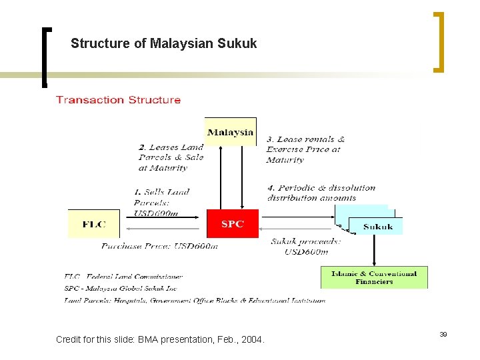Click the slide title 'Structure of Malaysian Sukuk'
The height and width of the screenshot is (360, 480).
pos(163,44)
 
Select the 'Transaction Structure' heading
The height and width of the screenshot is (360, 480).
pos(118,100)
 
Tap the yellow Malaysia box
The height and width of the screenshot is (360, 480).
pos(231,131)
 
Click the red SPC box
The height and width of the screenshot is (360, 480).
pos(232,224)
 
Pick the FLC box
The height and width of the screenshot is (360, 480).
pos(94,224)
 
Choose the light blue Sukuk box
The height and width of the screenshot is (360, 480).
pos(377,227)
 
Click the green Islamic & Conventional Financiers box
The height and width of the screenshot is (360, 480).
pos(374,277)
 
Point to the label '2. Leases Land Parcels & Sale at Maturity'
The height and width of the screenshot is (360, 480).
pos(171,157)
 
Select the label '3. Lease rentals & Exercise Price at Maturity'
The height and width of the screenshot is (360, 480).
pos(305,149)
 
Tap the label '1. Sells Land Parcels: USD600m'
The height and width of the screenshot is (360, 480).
pos(162,203)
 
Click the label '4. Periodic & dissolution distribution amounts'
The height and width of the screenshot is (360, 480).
pos(321,193)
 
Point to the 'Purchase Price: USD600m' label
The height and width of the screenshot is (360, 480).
pos(159,246)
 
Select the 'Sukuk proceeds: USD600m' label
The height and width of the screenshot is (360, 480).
pos(306,246)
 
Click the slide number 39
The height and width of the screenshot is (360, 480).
pos(443,333)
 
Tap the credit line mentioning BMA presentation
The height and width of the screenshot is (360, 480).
pos(160,340)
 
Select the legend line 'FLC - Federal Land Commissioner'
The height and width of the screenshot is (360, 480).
pos(124,276)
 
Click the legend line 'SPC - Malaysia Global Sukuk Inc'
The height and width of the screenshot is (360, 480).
pos(121,288)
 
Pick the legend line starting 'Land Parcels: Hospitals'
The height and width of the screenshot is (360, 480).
pos(195,301)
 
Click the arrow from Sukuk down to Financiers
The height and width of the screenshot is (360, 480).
pos(374,251)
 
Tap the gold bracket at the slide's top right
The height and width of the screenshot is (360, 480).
pos(439,41)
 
